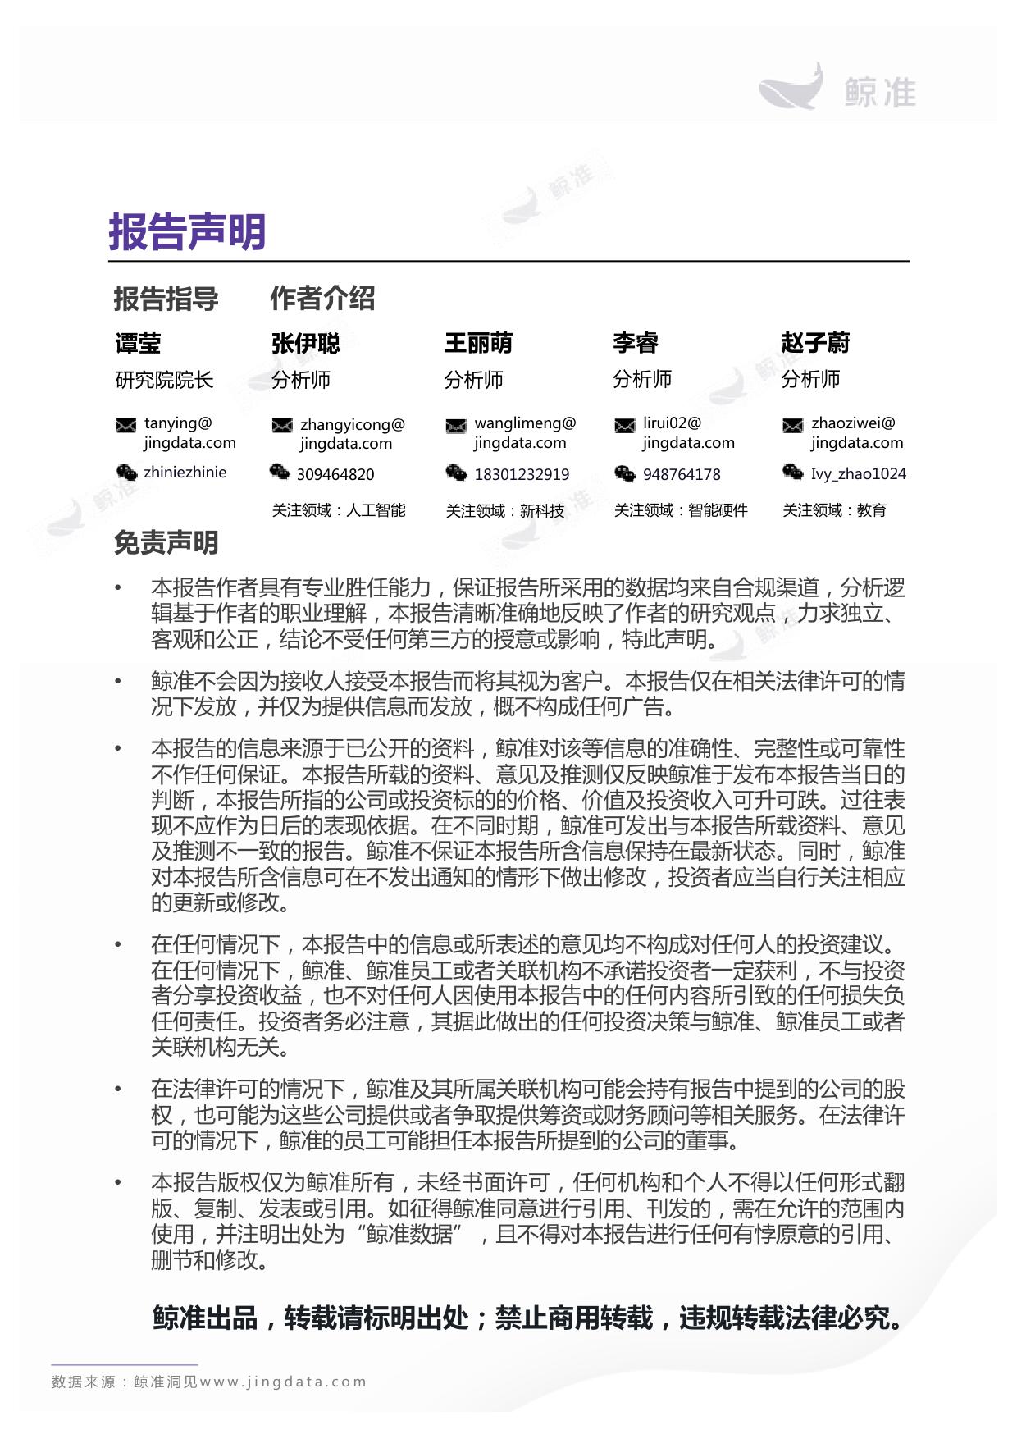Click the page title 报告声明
point(187,231)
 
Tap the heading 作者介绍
point(322,298)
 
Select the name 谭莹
point(138,343)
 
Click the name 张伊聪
point(305,343)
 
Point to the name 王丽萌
point(478,342)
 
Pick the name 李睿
point(636,342)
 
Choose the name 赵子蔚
point(815,342)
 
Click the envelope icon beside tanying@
point(126,425)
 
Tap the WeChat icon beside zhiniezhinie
point(126,473)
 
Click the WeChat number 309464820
point(335,474)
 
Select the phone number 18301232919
point(522,474)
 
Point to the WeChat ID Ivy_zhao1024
point(858,473)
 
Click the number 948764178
point(682,474)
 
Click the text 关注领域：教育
point(834,510)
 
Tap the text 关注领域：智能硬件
point(681,510)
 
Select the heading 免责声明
point(166,542)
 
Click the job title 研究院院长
point(164,380)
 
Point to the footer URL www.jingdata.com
point(283,1382)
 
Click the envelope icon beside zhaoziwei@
point(792,425)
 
